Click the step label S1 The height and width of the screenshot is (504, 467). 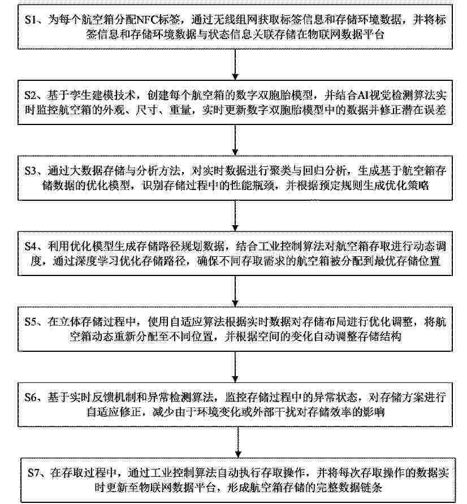click(x=31, y=20)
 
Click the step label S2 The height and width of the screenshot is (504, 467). click(x=32, y=95)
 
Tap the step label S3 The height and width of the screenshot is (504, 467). click(x=32, y=171)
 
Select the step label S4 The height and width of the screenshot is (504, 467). click(x=32, y=246)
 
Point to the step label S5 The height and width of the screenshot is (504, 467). click(x=32, y=322)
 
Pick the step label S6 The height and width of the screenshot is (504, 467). click(x=32, y=397)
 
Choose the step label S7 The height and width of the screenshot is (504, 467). click(x=34, y=473)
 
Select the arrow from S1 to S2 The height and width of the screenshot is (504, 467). click(x=235, y=64)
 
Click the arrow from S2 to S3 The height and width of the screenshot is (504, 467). click(x=235, y=140)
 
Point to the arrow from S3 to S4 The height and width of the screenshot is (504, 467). click(x=235, y=216)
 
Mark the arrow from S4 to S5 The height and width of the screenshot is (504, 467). click(x=235, y=291)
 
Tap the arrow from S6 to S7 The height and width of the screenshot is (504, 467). click(x=237, y=442)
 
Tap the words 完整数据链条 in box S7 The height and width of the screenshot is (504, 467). click(x=349, y=488)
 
